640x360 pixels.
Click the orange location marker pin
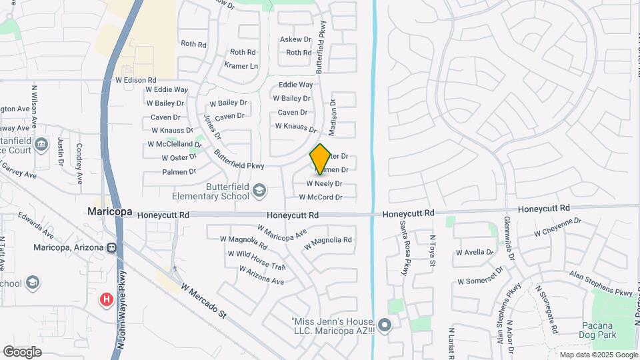tap(321, 159)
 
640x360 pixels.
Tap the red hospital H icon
tap(106, 300)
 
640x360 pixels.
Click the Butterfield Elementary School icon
tap(258, 192)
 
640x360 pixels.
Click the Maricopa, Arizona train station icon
tap(112, 248)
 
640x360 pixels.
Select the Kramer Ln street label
tap(241, 66)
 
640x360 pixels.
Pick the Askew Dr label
tap(295, 40)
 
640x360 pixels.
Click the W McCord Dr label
tap(320, 197)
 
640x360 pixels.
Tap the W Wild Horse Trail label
tap(256, 259)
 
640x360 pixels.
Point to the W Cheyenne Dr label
tap(558, 228)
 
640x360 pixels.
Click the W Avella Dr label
tap(475, 253)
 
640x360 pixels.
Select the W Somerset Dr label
tap(479, 281)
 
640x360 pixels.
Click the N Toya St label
tap(432, 252)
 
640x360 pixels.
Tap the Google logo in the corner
tap(22, 351)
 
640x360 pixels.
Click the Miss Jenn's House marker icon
tap(383, 326)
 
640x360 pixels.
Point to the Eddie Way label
tap(295, 85)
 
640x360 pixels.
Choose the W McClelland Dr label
tap(171, 144)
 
